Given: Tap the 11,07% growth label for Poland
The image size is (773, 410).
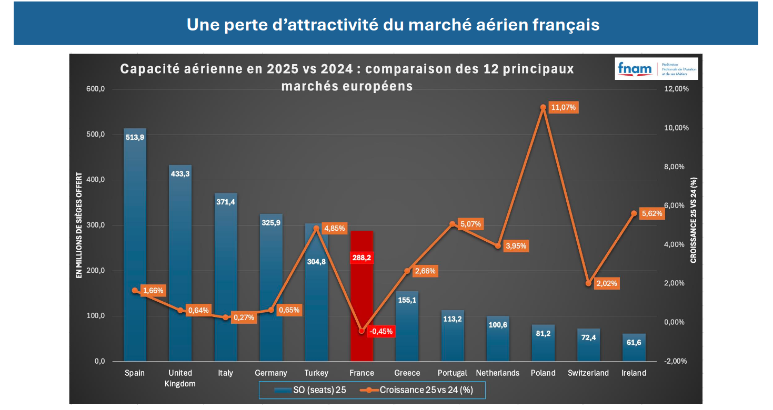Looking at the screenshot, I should pos(564,107).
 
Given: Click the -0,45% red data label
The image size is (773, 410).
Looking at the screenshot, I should pos(381,331).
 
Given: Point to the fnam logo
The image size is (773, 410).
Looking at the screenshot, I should pos(656,69).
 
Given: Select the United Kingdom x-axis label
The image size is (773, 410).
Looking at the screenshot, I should pos(180,378).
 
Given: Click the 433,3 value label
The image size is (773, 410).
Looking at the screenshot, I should pos(180,173).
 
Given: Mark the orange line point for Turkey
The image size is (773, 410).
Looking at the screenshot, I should pos(316,229).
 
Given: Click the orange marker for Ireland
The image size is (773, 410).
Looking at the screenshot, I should pos(634,213).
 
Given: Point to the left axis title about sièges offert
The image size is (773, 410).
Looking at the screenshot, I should pos(79,225).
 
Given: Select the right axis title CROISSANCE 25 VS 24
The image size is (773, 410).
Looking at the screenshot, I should pos(694,220).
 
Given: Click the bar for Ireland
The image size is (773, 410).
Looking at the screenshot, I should pos(634,347).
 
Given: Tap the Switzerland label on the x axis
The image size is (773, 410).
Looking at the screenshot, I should pos(588,373).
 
